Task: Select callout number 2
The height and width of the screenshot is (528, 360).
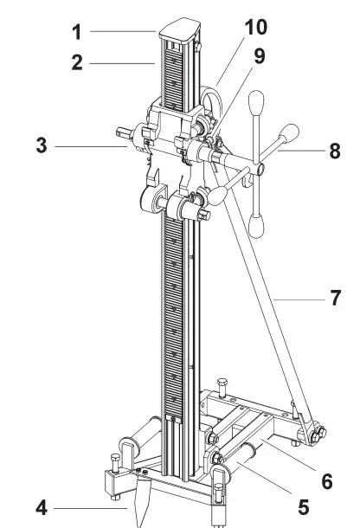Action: click(76, 64)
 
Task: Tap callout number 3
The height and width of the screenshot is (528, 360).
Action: click(42, 146)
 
